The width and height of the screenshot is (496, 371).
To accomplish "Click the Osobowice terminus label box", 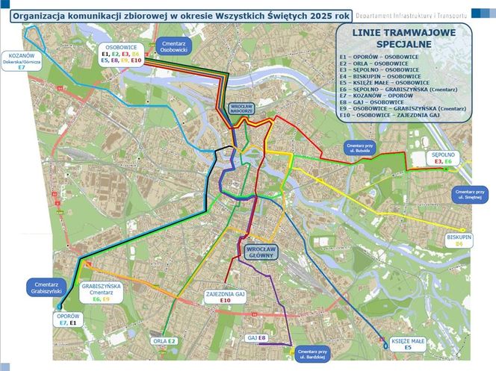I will [120, 54].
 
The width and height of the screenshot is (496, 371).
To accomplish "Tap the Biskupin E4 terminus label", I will [459, 240].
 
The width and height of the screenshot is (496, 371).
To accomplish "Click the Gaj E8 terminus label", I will [257, 338].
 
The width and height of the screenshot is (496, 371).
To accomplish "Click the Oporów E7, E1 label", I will [67, 319].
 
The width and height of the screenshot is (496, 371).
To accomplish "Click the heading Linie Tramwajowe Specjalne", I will [403, 39].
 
